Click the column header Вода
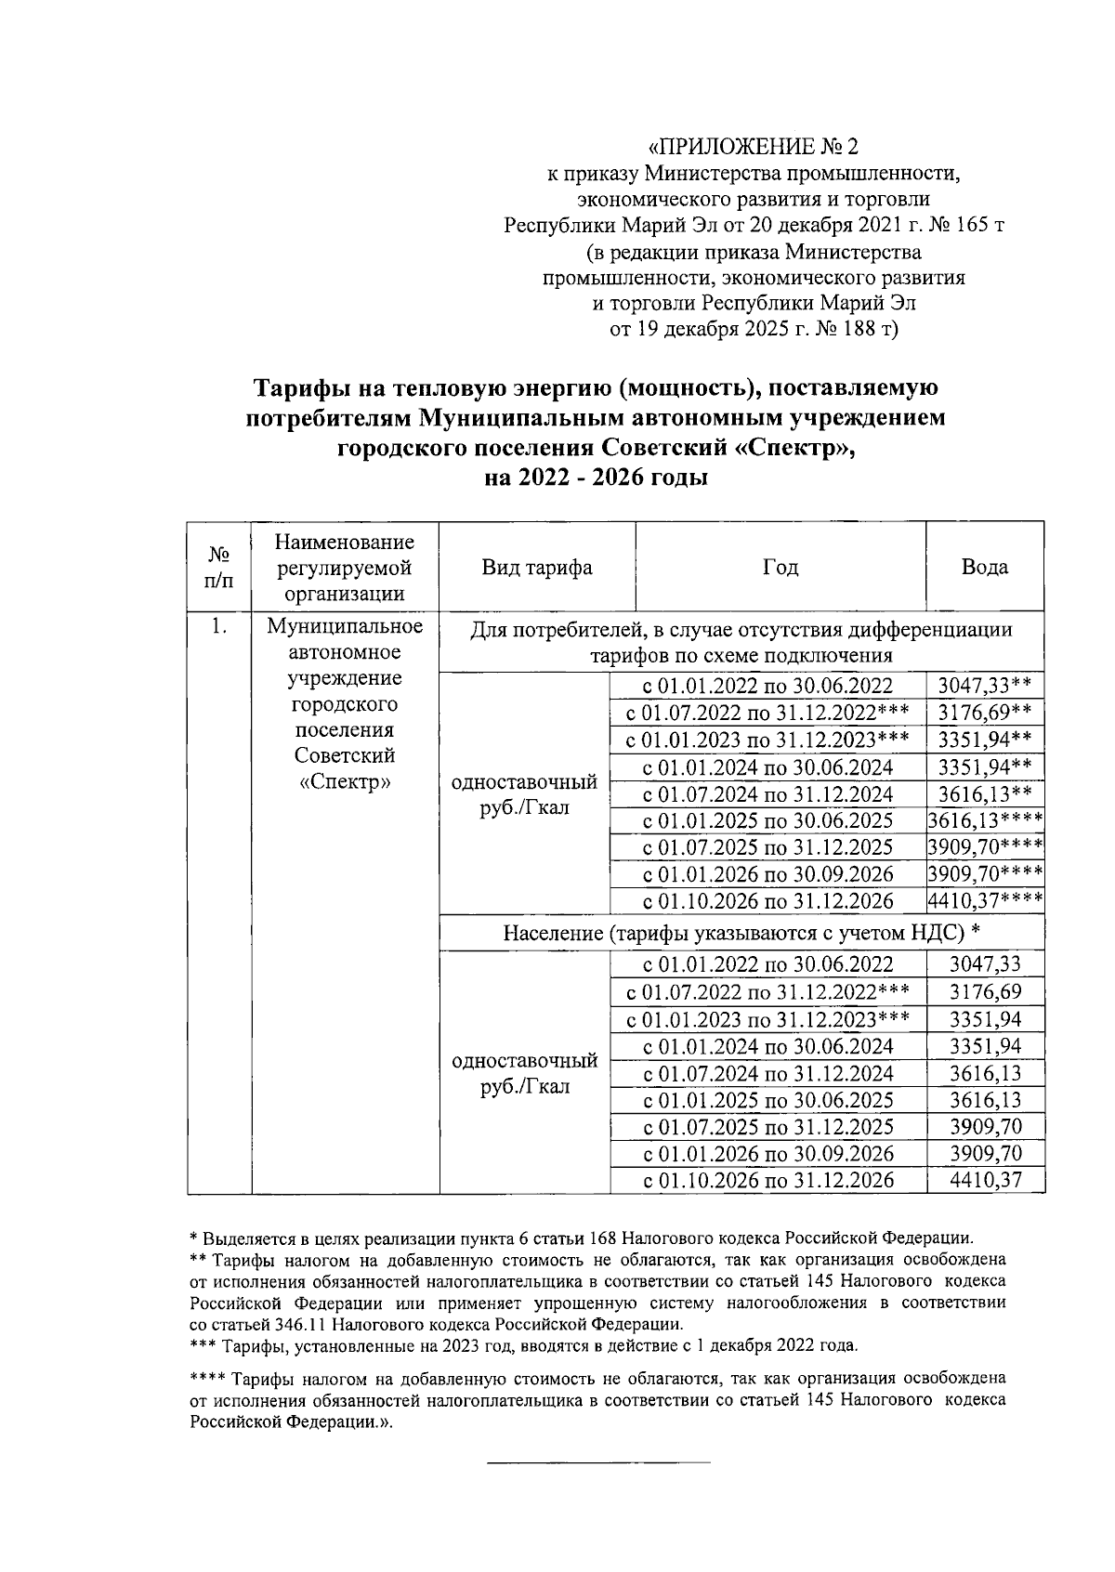[984, 567]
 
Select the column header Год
[780, 567]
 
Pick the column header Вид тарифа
[537, 567]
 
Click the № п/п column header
[219, 567]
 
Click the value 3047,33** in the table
[984, 687]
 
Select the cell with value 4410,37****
[985, 900]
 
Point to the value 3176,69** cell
[984, 714]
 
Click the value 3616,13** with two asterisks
[984, 793]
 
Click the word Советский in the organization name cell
[346, 754]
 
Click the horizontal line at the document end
[598, 1463]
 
